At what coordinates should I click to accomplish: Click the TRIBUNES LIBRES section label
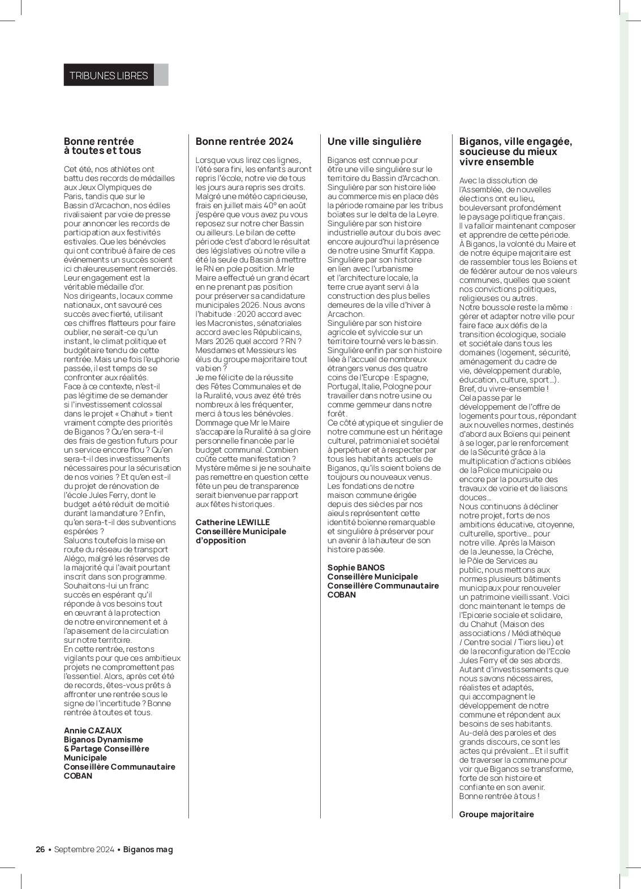[108, 75]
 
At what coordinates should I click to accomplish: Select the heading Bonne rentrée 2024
[244, 141]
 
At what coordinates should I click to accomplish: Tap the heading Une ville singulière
[374, 141]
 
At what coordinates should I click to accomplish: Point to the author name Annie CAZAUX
[93, 731]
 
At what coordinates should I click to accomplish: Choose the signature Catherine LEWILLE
[233, 522]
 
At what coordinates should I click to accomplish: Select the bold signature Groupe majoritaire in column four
[496, 814]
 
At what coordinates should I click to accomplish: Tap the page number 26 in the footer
[40, 849]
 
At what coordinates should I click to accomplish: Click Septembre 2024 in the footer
[84, 849]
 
